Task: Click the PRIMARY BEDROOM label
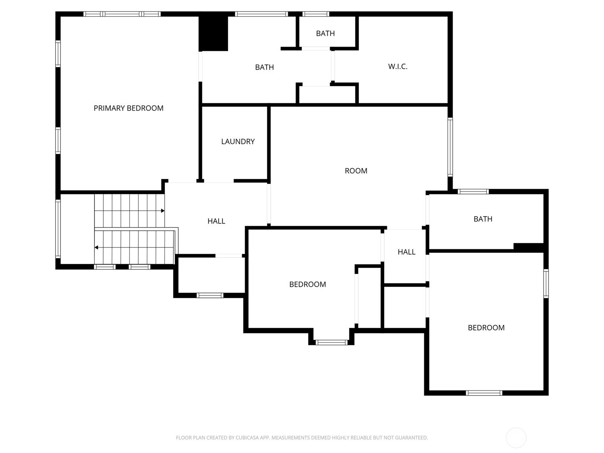(128, 108)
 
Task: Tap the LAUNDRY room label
(238, 142)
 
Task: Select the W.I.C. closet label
(398, 67)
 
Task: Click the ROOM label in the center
(356, 171)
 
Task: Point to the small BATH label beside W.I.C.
(325, 34)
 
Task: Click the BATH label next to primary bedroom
(264, 68)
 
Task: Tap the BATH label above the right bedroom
(482, 219)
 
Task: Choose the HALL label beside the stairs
(216, 221)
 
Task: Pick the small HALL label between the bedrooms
(406, 252)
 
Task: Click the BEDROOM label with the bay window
(307, 285)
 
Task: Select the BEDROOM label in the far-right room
(486, 328)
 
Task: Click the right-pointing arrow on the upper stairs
(163, 211)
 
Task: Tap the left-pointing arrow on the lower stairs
(97, 248)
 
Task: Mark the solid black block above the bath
(213, 33)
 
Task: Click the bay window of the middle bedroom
(331, 342)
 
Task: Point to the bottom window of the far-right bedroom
(484, 393)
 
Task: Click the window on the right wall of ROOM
(450, 147)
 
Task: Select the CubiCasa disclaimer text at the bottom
(302, 438)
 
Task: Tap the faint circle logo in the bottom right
(516, 438)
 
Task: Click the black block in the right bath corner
(528, 247)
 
